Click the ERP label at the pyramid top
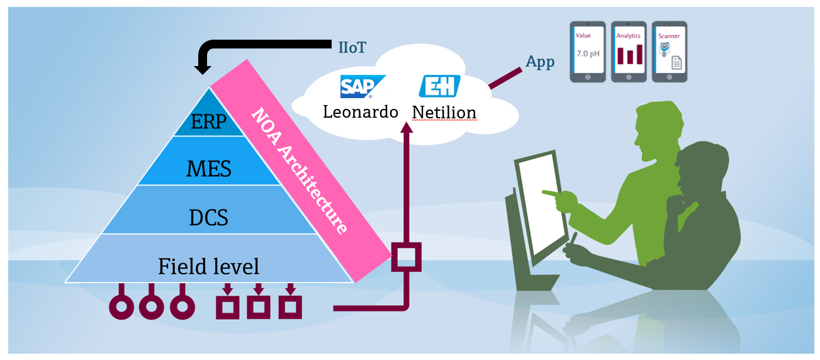208,121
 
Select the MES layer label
208,169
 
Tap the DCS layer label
208,217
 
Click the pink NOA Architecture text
299,171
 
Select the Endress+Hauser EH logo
440,86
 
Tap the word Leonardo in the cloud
361,112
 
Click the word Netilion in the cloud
444,113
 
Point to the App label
540,62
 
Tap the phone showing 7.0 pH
588,52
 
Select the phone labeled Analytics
629,52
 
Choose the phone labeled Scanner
669,52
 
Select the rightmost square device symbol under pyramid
290,306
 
